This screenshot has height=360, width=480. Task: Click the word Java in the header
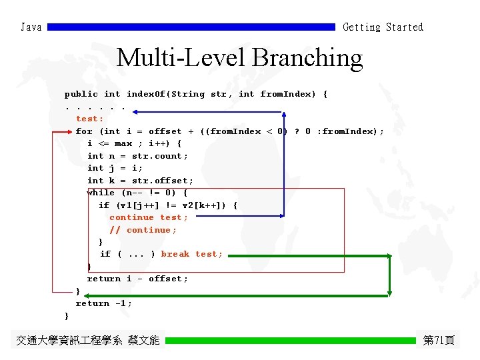[x=31, y=27]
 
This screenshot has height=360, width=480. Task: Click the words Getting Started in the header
[x=383, y=27]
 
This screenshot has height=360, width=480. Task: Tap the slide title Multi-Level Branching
[x=239, y=58]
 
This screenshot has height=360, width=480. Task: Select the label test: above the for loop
[x=90, y=119]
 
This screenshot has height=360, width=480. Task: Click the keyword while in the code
[x=101, y=193]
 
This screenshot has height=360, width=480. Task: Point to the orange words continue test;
[x=149, y=217]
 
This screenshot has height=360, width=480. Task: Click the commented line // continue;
[x=143, y=230]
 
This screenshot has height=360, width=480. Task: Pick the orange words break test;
[x=192, y=254]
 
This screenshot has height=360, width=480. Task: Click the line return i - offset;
[x=137, y=279]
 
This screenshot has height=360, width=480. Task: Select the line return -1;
[x=104, y=303]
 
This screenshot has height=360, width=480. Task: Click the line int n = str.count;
[x=137, y=156]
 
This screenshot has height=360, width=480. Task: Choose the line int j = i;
[x=115, y=168]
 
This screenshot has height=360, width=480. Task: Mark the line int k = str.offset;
[x=140, y=181]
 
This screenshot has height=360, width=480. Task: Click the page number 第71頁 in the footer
[x=439, y=340]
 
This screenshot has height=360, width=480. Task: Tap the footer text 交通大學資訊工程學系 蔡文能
[x=88, y=340]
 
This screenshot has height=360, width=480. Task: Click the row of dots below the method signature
[x=95, y=107]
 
